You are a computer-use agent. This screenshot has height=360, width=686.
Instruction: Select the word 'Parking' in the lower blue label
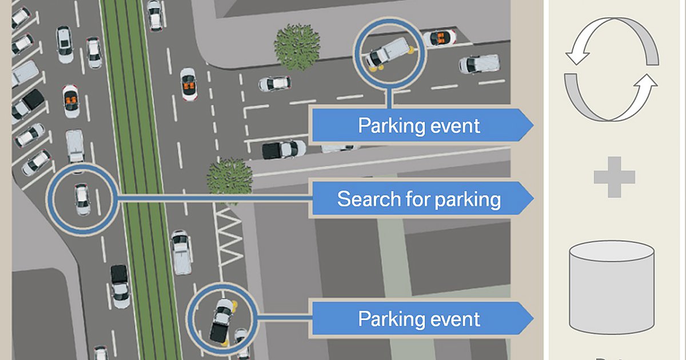[x=386, y=319]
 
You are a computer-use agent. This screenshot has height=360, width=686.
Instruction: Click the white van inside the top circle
[x=389, y=52]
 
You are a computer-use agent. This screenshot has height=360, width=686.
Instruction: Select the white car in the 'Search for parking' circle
[x=82, y=198]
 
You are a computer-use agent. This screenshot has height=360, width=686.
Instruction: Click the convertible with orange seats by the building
[x=440, y=38]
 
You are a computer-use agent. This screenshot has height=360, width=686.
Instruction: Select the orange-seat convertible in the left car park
[x=71, y=101]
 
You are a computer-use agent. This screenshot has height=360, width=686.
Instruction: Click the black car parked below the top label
[x=283, y=150]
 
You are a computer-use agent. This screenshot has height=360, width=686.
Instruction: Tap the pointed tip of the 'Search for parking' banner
[x=532, y=199]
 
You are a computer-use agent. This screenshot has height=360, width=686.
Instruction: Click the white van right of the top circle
[x=479, y=63]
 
